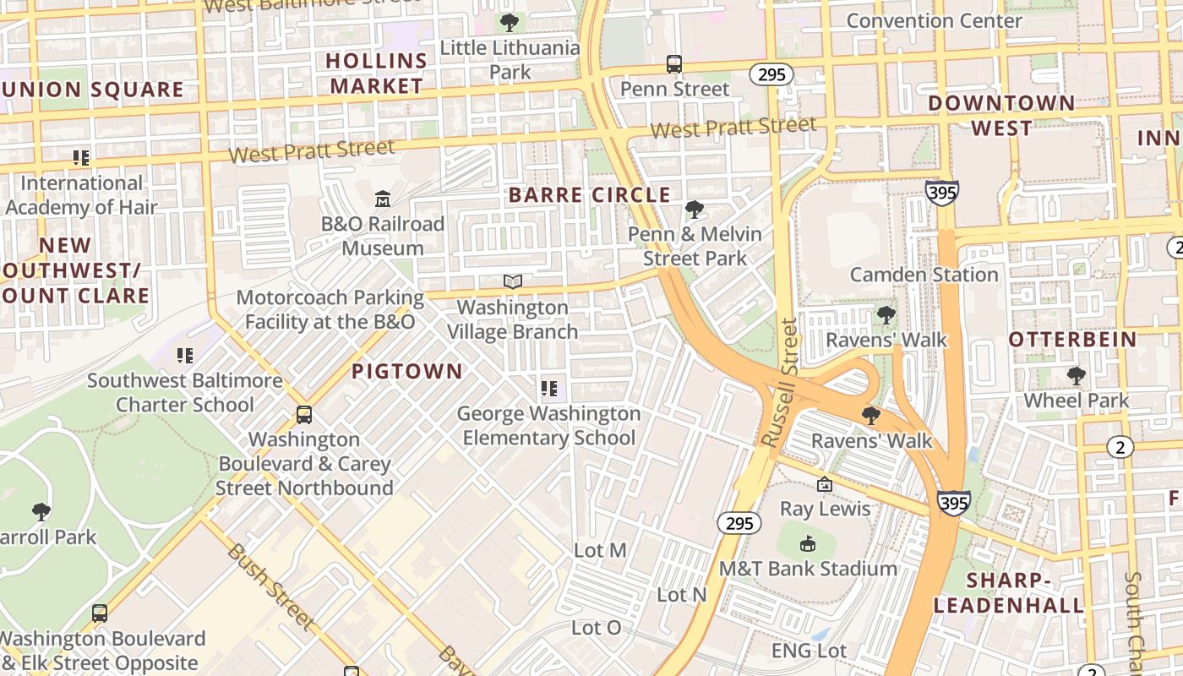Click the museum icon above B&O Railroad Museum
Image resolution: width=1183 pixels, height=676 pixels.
pyautogui.click(x=383, y=199)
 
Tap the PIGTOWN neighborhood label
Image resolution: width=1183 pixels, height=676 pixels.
pyautogui.click(x=407, y=372)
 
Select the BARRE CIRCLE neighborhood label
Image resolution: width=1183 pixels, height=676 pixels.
pyautogui.click(x=590, y=195)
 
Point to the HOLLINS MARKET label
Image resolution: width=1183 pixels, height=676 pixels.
pyautogui.click(x=377, y=74)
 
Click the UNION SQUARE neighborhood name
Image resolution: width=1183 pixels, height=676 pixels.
pyautogui.click(x=92, y=90)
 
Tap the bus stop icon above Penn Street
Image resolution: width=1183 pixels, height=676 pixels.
pyautogui.click(x=674, y=64)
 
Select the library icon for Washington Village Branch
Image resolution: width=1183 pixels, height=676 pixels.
pyautogui.click(x=513, y=281)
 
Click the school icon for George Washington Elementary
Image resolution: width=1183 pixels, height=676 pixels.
pyautogui.click(x=549, y=389)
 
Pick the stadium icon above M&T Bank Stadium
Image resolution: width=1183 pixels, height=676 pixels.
pyautogui.click(x=808, y=543)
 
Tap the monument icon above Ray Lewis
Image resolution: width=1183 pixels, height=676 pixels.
pyautogui.click(x=825, y=484)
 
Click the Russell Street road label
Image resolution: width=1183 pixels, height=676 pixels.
pyautogui.click(x=780, y=383)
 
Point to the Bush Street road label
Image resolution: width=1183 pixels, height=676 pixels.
pyautogui.click(x=270, y=586)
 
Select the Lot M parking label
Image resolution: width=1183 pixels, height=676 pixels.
pyautogui.click(x=600, y=551)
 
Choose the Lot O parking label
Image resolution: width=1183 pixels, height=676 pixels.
pyautogui.click(x=596, y=628)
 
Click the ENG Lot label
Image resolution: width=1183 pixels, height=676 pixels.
pyautogui.click(x=809, y=650)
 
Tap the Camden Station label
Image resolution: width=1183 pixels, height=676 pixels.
pyautogui.click(x=924, y=275)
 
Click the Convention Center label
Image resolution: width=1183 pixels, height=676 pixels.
pyautogui.click(x=934, y=20)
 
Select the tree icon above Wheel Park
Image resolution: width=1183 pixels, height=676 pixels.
pyautogui.click(x=1076, y=375)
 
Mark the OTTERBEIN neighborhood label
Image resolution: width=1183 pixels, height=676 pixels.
pyautogui.click(x=1072, y=340)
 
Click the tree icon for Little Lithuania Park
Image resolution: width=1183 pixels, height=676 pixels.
pyautogui.click(x=510, y=22)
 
